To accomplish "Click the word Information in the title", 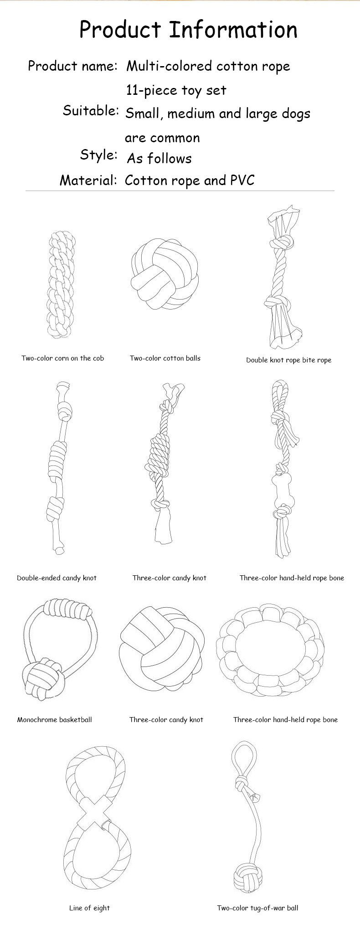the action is (x=233, y=30).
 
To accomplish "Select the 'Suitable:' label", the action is (x=91, y=110).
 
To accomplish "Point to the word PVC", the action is (x=242, y=180).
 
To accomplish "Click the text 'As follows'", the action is (x=159, y=158).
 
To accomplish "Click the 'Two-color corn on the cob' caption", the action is (x=63, y=358).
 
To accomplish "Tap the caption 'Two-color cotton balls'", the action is (x=165, y=358).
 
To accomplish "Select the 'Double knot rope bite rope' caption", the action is (x=289, y=360).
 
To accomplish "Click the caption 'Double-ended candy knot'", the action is (x=57, y=578).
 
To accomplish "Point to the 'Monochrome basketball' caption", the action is (x=55, y=719).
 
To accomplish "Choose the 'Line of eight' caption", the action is (x=89, y=908).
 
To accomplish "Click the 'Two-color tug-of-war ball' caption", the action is (x=257, y=908).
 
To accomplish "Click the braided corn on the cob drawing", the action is (x=61, y=284).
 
